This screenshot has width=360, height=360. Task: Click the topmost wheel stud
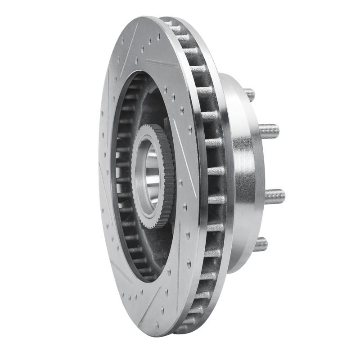[x=249, y=94]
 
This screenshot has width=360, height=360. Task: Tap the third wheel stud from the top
[x=274, y=196]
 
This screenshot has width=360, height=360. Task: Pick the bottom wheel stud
[x=260, y=244]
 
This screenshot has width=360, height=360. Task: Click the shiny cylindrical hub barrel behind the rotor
[x=243, y=171]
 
